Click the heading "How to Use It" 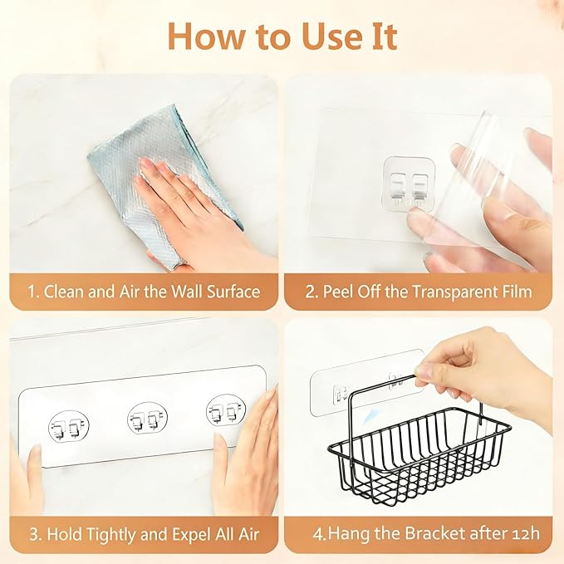282,36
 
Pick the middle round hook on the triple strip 146,418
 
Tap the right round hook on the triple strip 224,410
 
